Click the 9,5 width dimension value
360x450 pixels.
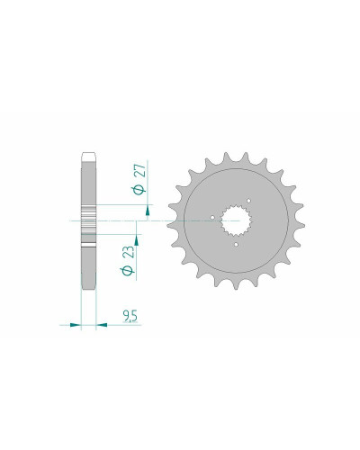click(130, 317)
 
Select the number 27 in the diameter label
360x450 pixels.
click(139, 171)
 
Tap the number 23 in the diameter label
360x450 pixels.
click(129, 253)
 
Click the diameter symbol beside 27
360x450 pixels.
click(139, 190)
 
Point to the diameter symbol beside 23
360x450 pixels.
click(128, 271)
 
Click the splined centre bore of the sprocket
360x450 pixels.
click(236, 220)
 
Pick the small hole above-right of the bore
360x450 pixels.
click(248, 201)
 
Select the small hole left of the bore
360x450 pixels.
click(212, 217)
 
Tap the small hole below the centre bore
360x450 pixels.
click(236, 245)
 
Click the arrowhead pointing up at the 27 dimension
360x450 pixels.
click(148, 211)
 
